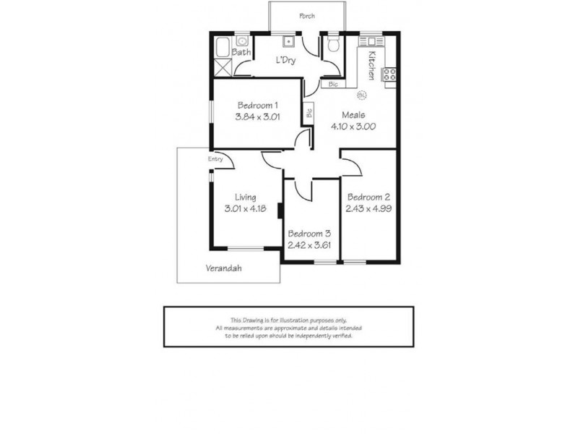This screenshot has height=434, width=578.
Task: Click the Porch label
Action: (307, 15)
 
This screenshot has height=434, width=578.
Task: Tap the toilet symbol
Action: (333, 47)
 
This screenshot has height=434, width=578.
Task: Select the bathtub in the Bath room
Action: (223, 50)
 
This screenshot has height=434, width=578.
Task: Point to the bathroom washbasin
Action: (241, 41)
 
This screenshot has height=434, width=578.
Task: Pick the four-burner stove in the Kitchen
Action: (389, 74)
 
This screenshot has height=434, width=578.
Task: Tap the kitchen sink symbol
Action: (374, 39)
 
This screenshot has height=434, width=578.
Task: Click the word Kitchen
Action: (371, 65)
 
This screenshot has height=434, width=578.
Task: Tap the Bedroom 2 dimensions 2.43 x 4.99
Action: (369, 208)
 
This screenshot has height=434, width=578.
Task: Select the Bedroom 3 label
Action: (309, 234)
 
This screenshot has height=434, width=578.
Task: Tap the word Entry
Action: (215, 159)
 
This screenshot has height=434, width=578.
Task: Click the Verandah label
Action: (223, 268)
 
